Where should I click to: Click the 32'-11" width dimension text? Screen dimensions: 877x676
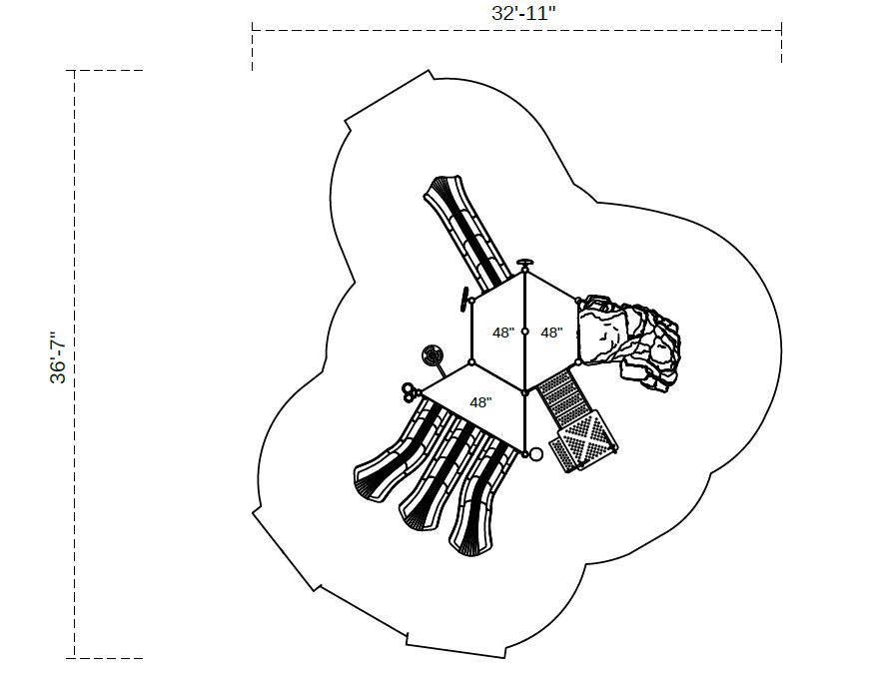tap(523, 13)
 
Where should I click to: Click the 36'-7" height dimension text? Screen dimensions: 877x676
tap(58, 357)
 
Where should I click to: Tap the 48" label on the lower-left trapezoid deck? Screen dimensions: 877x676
tap(480, 402)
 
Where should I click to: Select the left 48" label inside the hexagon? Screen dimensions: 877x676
tap(502, 333)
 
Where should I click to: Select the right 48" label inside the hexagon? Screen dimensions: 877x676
tap(551, 333)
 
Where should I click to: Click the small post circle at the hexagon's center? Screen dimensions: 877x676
tap(524, 332)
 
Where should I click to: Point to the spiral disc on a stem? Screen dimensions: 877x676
tap(434, 355)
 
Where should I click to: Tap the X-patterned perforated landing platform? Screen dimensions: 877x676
tap(584, 440)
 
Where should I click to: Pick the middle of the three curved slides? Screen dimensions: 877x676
tap(437, 475)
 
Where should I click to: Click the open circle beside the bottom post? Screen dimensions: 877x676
tap(535, 454)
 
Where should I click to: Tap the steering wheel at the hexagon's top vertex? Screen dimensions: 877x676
tap(525, 263)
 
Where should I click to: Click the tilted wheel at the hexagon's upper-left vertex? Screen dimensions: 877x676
tap(464, 300)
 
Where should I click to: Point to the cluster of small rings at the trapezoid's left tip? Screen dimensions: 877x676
tap(410, 392)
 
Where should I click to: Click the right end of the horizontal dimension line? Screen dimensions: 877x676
tap(781, 30)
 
